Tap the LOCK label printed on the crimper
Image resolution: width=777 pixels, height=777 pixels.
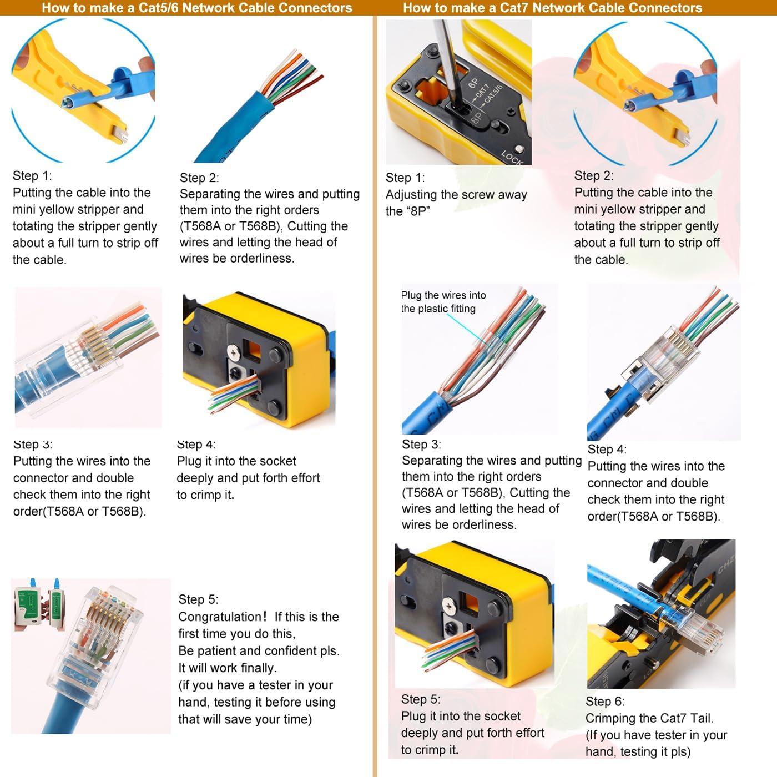512,158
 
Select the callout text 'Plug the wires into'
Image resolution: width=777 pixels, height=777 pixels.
443,295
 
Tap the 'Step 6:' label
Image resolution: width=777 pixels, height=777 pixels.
605,702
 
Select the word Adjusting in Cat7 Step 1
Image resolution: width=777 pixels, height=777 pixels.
411,195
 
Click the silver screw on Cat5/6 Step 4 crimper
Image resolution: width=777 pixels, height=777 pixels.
234,350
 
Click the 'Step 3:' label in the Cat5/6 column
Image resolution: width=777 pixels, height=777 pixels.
33,444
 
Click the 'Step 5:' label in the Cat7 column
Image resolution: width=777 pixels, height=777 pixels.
421,699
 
